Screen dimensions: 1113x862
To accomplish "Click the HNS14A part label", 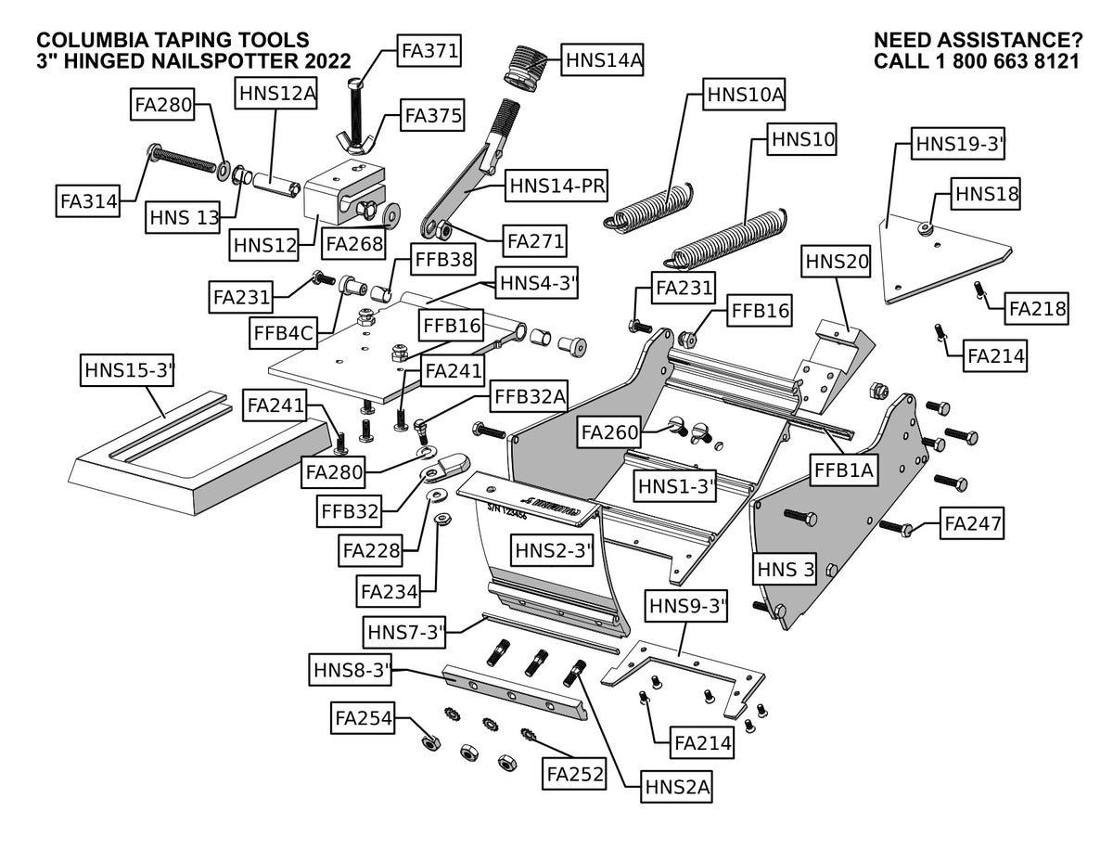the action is pos(602,60).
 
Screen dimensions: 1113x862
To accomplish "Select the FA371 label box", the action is pos(429,51).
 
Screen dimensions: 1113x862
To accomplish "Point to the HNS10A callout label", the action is pos(744,95).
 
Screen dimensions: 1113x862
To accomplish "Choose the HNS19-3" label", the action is pos(958,144).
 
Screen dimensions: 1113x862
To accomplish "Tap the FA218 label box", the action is pos(1037,308).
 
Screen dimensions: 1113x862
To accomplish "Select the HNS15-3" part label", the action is pos(128,370).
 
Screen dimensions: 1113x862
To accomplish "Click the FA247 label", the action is pos(972,523).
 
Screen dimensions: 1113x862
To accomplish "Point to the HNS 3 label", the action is pos(786,569).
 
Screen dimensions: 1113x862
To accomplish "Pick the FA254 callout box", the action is pos(363,717).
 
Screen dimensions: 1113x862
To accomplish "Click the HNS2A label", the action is pos(676,786).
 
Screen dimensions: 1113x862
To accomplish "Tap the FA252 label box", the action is pos(575,774).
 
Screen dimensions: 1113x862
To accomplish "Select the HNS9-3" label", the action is pos(686,606).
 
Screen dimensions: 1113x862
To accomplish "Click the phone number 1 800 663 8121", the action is pos(1007,61).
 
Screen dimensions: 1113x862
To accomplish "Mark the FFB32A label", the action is pos(529,396).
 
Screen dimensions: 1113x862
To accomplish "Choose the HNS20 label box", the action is pos(837,262).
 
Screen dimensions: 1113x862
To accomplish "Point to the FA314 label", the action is pos(88,200).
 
